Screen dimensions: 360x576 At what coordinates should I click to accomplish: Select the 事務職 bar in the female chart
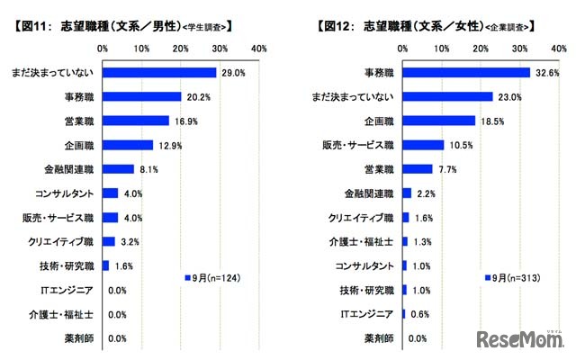[466, 72]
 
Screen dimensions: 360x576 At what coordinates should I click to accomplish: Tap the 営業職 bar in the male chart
[136, 120]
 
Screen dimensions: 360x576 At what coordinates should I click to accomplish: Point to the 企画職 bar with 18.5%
[438, 120]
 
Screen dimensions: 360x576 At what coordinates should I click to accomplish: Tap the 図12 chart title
[423, 26]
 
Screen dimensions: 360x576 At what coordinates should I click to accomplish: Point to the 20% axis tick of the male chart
[181, 47]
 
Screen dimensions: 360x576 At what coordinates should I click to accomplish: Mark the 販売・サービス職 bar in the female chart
[423, 144]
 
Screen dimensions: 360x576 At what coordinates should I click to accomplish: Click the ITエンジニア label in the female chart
[369, 314]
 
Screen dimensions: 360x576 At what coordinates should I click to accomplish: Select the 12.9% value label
[168, 144]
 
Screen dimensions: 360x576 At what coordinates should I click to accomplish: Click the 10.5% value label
[461, 144]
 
